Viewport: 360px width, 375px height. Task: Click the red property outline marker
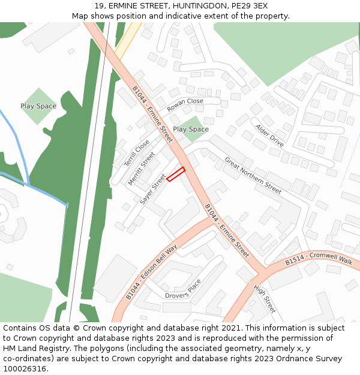click(175, 174)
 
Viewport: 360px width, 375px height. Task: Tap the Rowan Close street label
click(185, 105)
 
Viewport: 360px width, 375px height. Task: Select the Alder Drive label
click(269, 136)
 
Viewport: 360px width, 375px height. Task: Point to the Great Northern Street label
click(253, 175)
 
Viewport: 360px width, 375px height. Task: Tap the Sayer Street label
click(152, 190)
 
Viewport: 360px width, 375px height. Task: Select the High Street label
click(264, 299)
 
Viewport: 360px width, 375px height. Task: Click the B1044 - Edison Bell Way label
click(152, 272)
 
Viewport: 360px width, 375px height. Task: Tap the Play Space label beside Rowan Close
click(191, 129)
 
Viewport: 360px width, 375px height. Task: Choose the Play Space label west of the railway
click(38, 106)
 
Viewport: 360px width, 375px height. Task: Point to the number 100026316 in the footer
click(25, 369)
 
